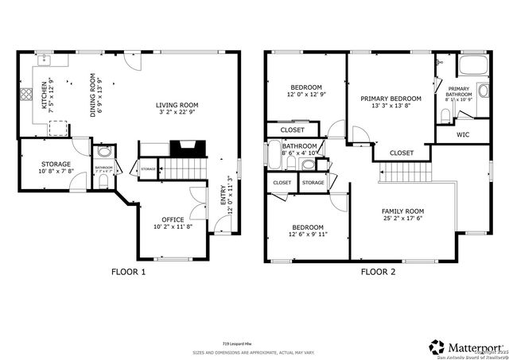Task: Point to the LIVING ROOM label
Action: click(x=176, y=105)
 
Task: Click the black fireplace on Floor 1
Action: click(x=189, y=149)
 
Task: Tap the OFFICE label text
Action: click(x=173, y=219)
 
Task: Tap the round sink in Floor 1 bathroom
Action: click(x=104, y=153)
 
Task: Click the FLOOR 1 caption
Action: click(x=128, y=272)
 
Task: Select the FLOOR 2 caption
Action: click(x=379, y=272)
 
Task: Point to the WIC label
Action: click(x=462, y=134)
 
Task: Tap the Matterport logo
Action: click(x=465, y=346)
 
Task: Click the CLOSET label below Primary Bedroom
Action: click(x=402, y=153)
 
